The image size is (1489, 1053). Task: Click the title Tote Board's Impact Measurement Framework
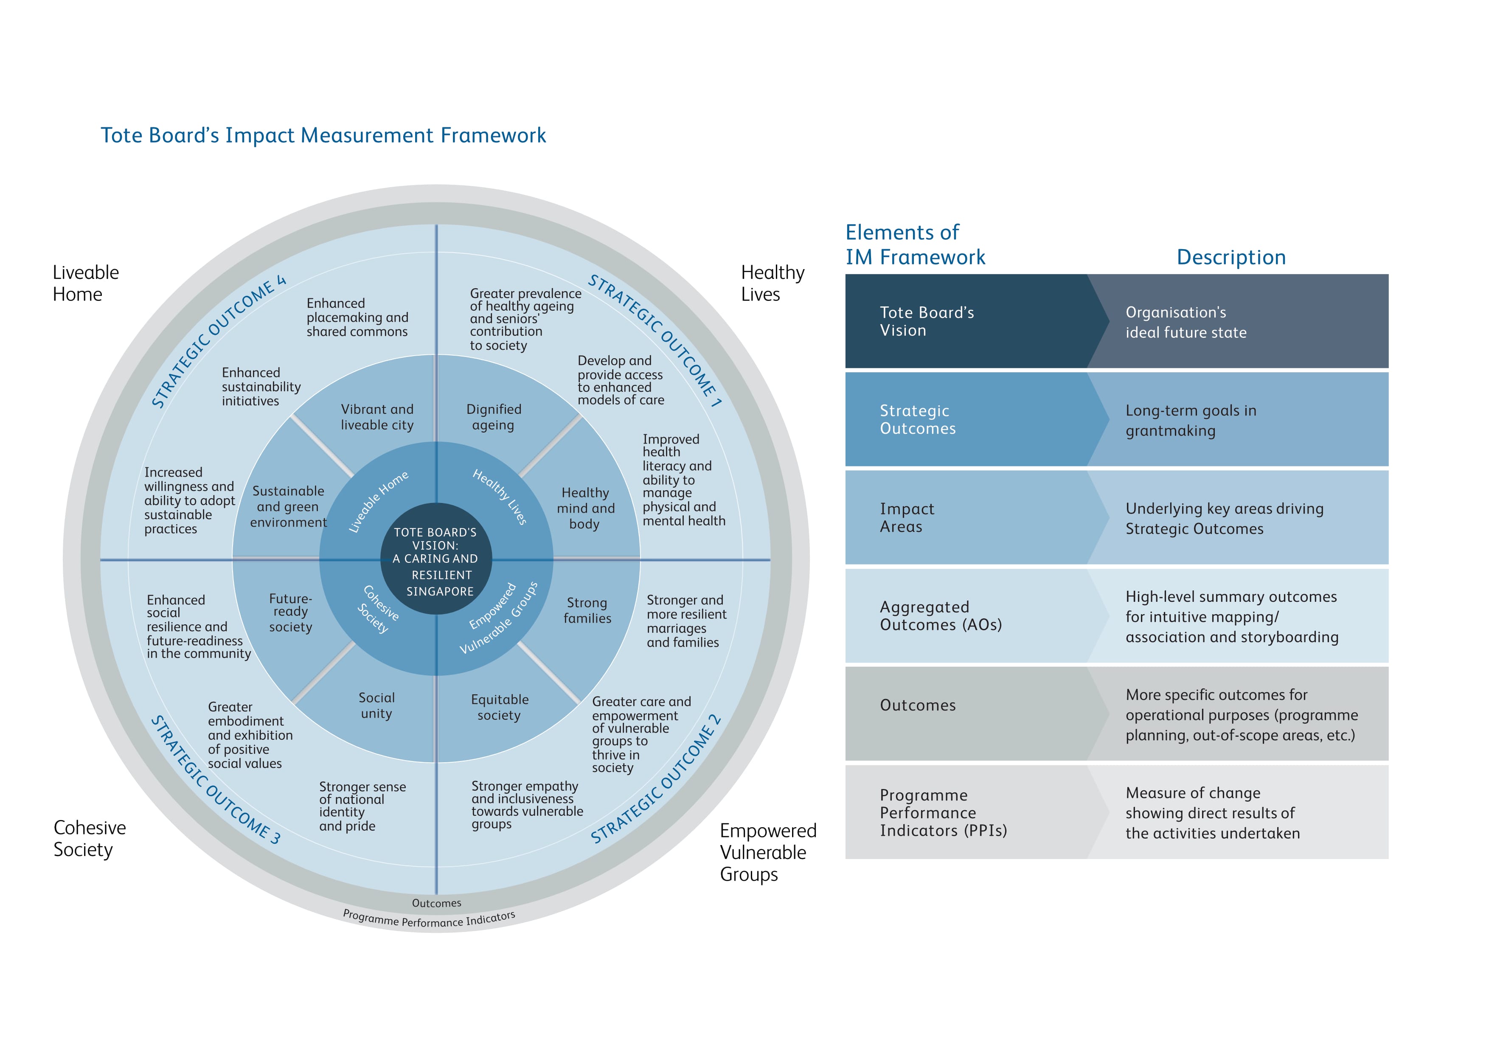323,135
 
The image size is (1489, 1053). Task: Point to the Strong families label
587,610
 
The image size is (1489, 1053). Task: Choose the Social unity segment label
376,705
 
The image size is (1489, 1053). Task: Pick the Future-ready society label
290,613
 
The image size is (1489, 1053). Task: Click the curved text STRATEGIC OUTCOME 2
656,779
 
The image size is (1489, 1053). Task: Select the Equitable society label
499,708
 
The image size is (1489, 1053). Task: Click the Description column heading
1230,258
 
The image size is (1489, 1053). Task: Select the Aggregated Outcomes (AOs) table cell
940,616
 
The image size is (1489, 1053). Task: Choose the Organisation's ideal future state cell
1186,322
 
